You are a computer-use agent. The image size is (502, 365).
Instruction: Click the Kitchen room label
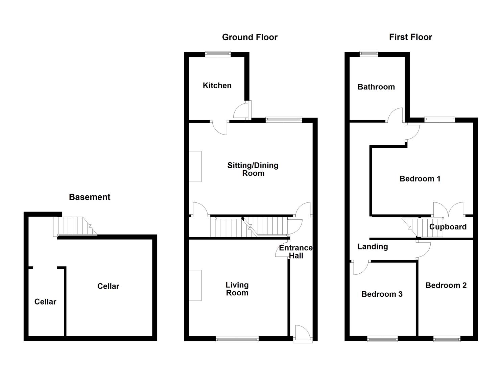pos(217,86)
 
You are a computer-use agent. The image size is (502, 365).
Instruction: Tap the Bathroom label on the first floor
pos(376,87)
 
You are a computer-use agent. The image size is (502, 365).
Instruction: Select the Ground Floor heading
pos(249,37)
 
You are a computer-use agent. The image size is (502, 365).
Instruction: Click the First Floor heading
pos(410,37)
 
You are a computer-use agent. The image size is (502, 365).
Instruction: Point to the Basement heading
pos(90,197)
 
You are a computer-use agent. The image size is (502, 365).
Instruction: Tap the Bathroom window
pos(369,53)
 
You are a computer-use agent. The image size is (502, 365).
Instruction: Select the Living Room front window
pos(237,339)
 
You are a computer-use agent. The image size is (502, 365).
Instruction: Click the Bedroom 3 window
pos(383,339)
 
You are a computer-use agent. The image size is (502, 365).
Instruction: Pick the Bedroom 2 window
pos(447,339)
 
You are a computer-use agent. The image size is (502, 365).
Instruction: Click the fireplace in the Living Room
pos(195,285)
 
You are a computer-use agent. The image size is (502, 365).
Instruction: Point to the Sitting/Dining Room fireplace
pos(195,166)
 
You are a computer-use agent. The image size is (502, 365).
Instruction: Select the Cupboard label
pos(448,227)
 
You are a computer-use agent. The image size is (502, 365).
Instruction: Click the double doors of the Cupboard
pos(448,210)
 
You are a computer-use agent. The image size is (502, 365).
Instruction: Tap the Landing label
pos(373,247)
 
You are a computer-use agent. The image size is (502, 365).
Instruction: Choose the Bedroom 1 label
pos(420,179)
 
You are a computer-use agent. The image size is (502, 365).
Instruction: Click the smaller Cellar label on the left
pos(45,302)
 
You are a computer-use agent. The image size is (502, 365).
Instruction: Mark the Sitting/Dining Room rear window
pos(284,119)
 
